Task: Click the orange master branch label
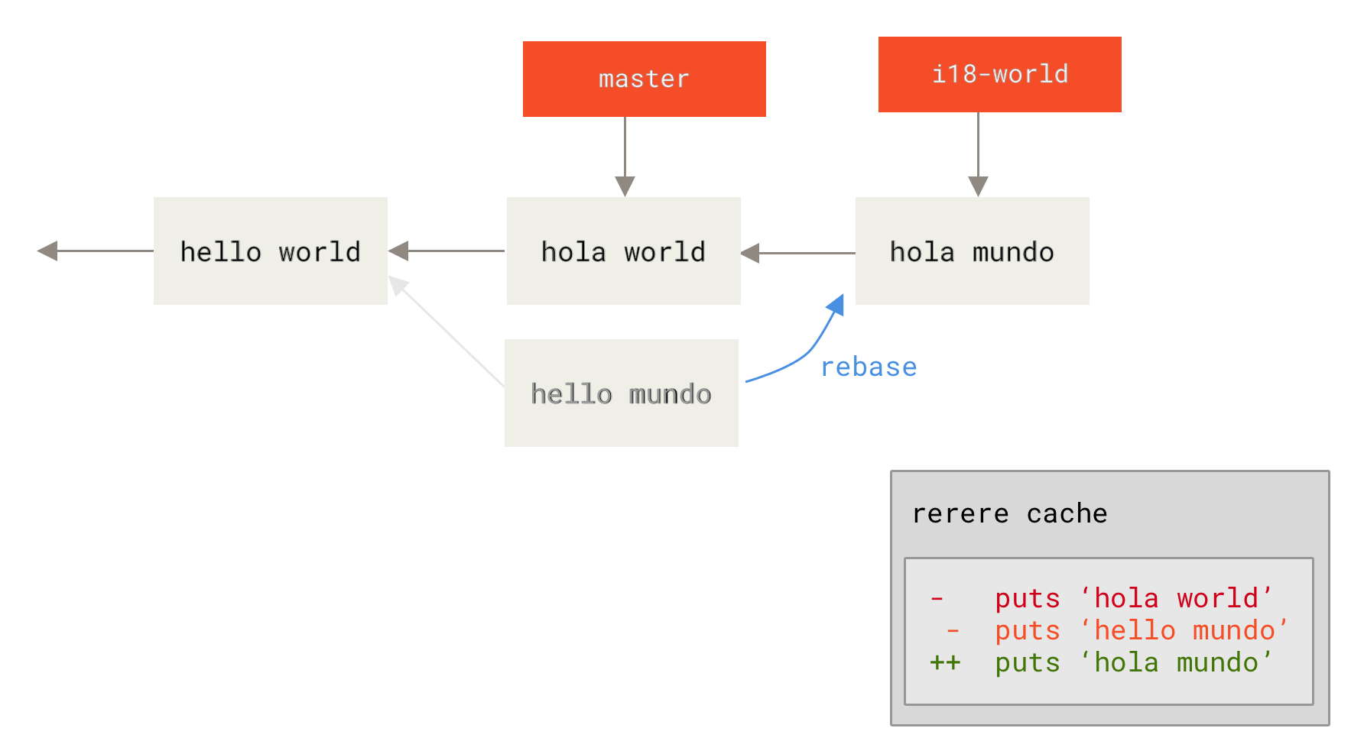click(644, 79)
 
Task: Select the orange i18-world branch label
click(999, 74)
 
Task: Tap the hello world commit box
click(270, 251)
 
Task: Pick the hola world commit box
click(623, 251)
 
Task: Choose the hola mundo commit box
click(972, 251)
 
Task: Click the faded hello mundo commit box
click(621, 393)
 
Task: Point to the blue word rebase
click(869, 367)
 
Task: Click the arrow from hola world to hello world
click(447, 251)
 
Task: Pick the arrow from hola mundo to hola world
click(799, 253)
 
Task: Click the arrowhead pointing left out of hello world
click(47, 251)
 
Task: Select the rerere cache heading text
click(1009, 513)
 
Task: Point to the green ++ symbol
click(945, 662)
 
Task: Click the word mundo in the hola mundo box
click(1013, 251)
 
